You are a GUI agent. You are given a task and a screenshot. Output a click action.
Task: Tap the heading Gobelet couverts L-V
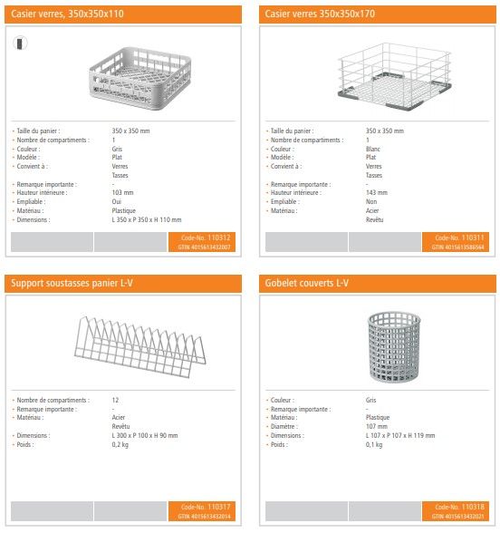307,284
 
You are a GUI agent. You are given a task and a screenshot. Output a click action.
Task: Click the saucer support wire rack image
125,346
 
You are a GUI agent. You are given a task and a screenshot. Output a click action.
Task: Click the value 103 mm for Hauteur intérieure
122,192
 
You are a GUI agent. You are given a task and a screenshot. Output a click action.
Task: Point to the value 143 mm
377,192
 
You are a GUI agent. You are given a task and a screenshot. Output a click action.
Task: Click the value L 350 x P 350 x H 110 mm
147,219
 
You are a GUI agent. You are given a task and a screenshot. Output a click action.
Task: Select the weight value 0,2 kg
121,445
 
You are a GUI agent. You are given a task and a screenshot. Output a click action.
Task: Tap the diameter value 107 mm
377,426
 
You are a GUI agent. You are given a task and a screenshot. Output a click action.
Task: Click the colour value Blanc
374,149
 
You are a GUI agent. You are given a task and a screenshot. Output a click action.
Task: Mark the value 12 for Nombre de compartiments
115,400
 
